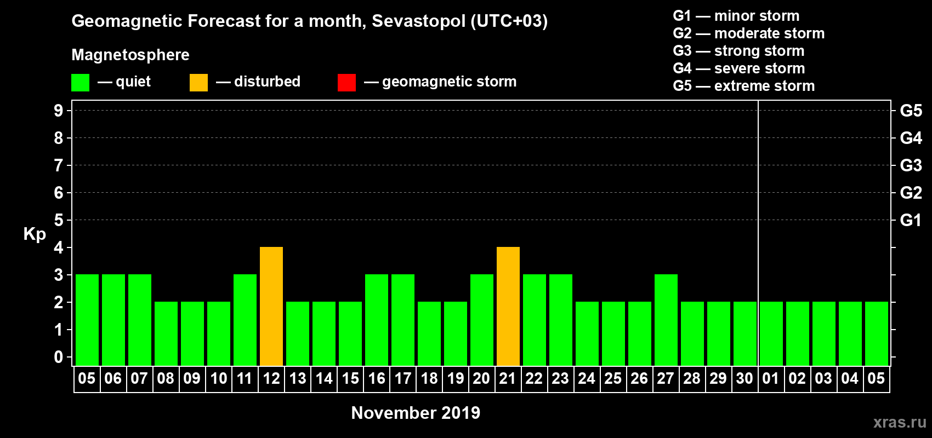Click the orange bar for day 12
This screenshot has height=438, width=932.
(271, 306)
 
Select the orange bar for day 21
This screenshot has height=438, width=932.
(508, 306)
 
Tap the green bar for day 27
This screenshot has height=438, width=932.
(666, 320)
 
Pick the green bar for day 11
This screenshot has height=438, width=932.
(245, 320)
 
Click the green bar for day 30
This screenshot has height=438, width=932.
(745, 333)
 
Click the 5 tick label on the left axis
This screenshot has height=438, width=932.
(59, 220)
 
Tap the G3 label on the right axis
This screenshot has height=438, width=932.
(911, 165)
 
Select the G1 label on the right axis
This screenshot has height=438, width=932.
(911, 220)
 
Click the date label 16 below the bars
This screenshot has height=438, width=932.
(377, 378)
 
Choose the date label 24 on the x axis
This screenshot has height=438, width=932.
(587, 378)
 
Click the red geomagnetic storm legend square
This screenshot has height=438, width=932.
(346, 83)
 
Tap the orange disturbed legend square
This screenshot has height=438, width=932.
(198, 83)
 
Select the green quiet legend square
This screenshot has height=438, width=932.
(81, 83)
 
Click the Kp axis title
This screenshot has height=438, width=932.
(35, 234)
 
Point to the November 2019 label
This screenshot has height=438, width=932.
(416, 413)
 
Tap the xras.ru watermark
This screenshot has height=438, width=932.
(899, 422)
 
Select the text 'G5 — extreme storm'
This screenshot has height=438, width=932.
(743, 86)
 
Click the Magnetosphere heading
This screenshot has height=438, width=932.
(130, 55)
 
